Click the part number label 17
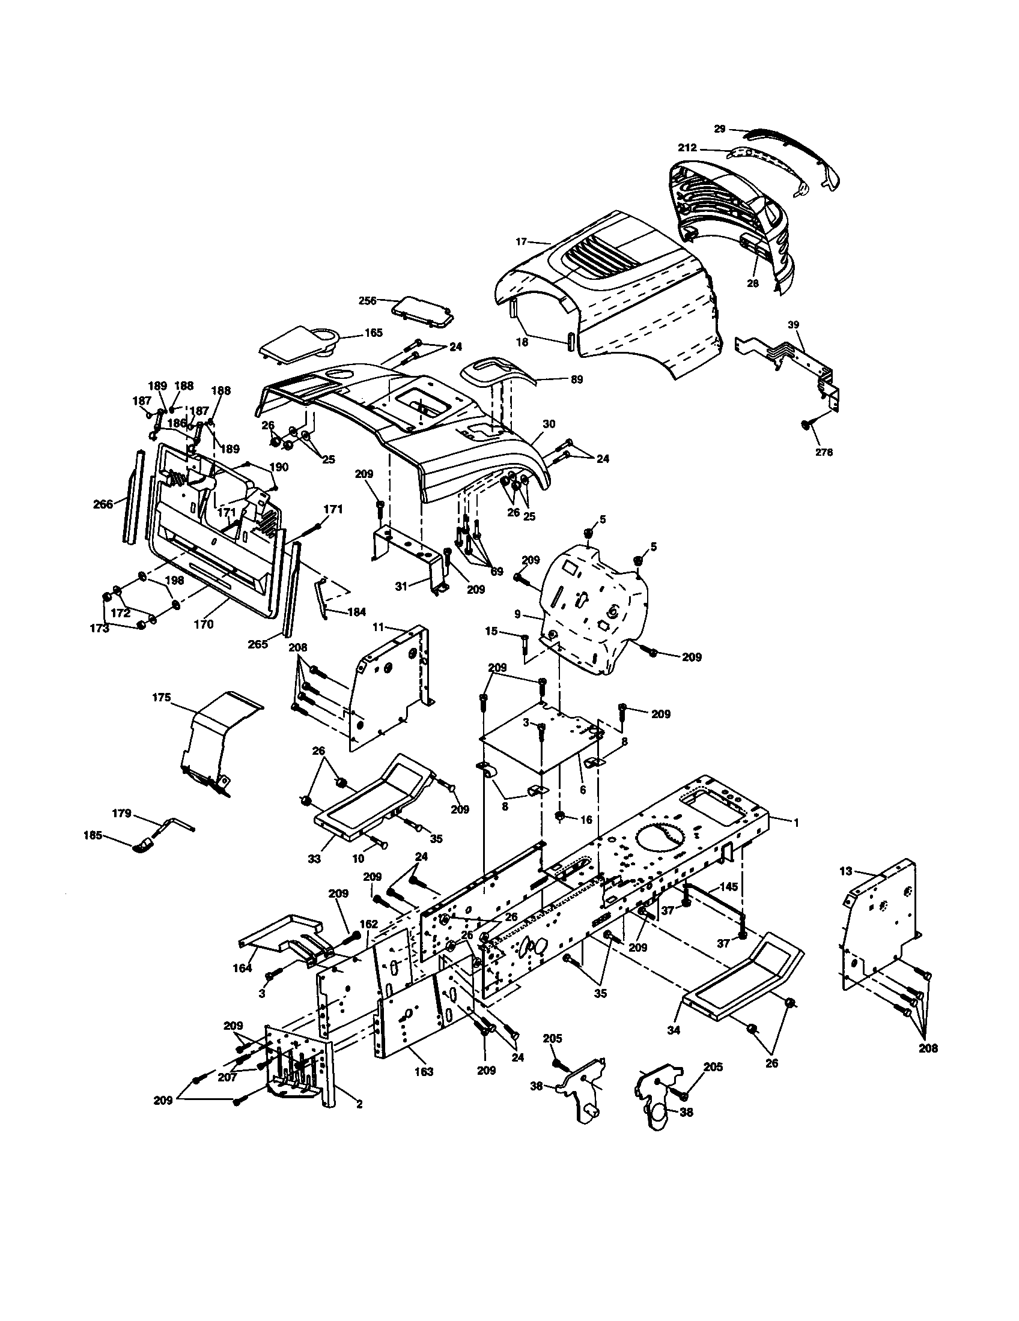[x=521, y=241]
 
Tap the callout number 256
[x=367, y=300]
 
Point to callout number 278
[x=824, y=452]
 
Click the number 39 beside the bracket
[x=793, y=325]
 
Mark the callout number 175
[x=161, y=697]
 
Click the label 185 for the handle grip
[x=92, y=836]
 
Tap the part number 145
[x=729, y=887]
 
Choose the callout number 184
[x=356, y=611]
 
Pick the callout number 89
[x=577, y=379]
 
